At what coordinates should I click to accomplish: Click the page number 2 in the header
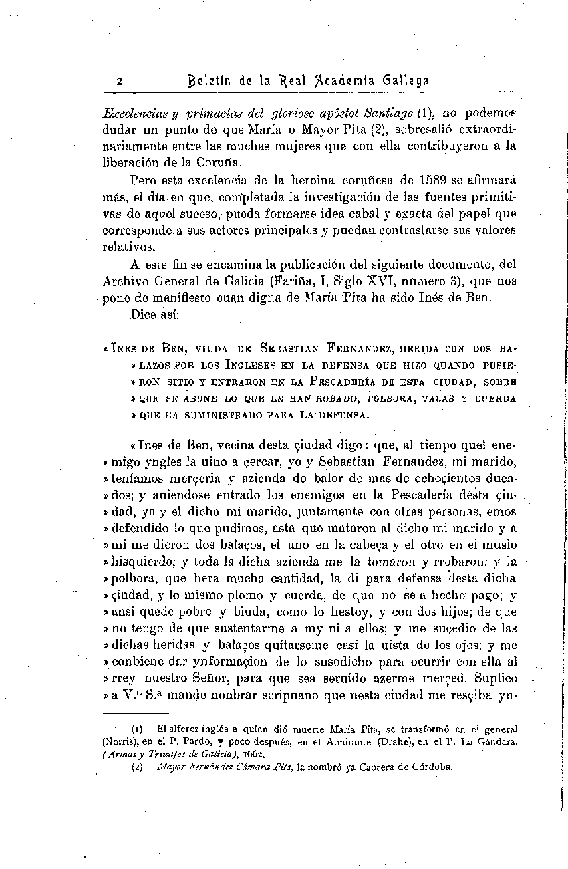pos(118,82)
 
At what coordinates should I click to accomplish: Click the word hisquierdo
pos(143,562)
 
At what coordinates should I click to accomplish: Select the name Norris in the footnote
pos(120,741)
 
